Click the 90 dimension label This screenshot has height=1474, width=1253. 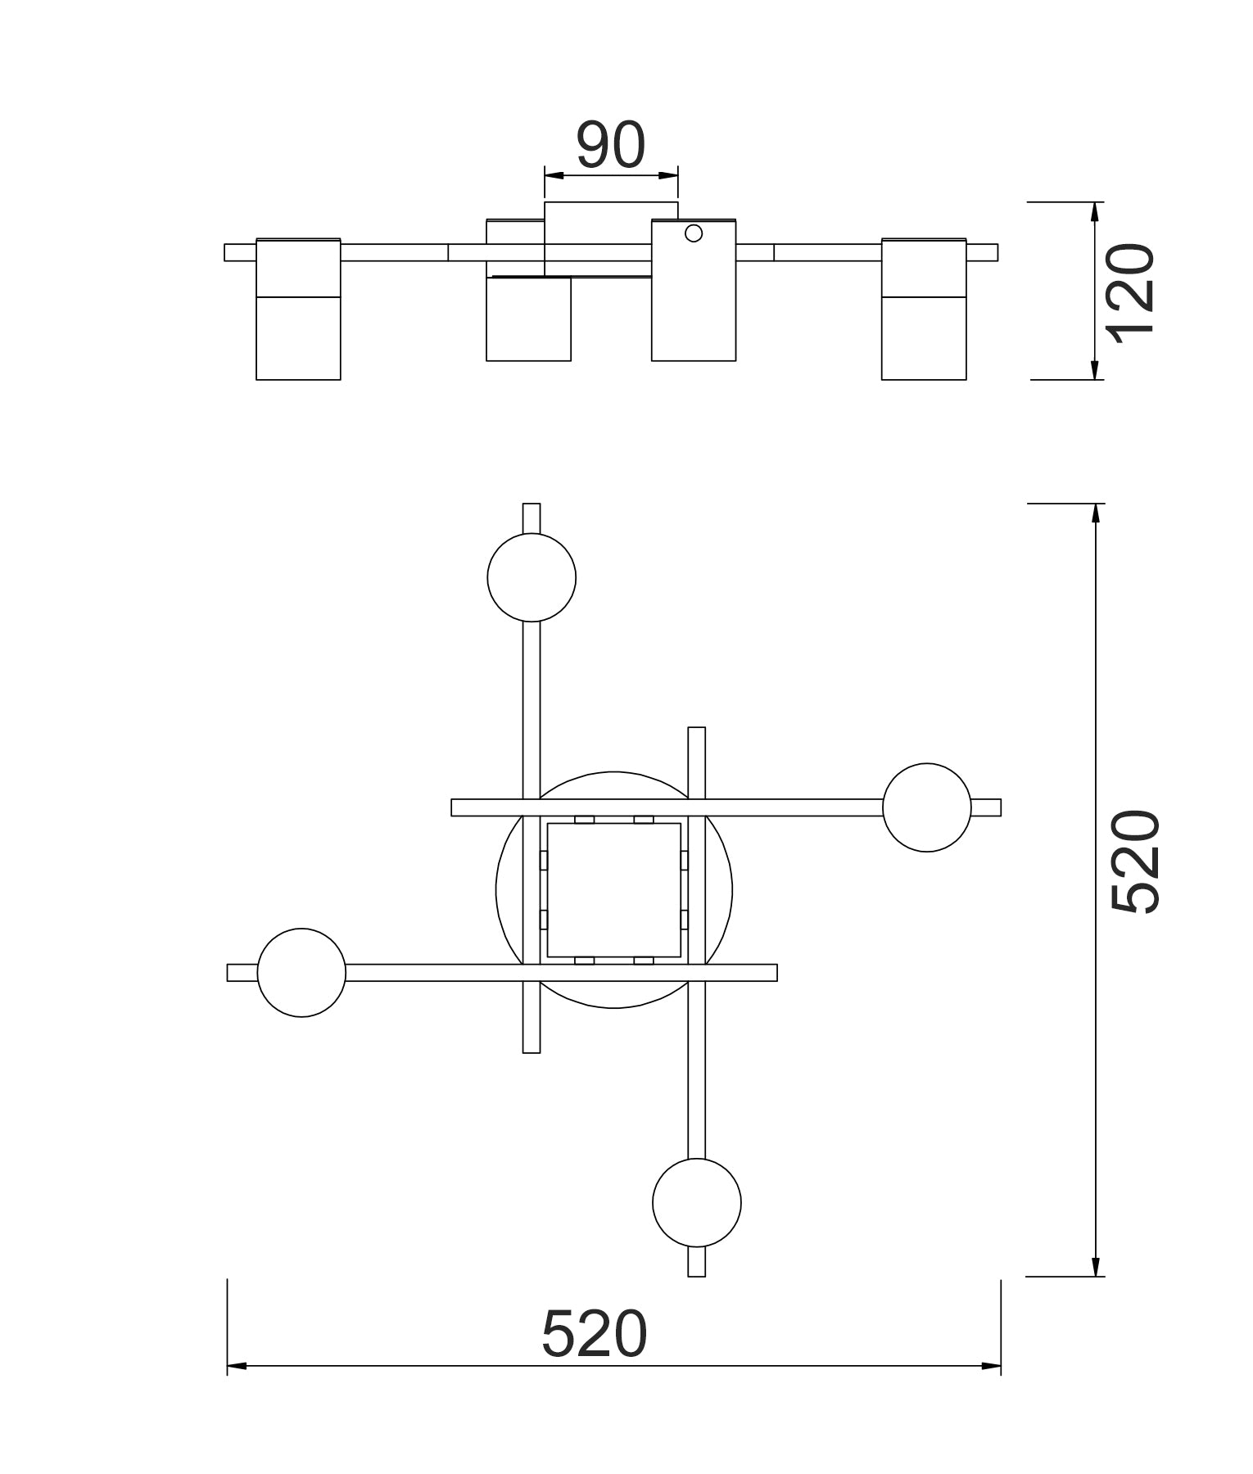(x=611, y=145)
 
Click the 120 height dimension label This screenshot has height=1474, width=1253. (x=1131, y=289)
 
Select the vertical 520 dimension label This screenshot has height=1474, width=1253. (x=1136, y=861)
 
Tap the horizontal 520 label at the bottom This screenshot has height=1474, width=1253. (x=595, y=1334)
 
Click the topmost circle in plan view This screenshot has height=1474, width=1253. (x=532, y=577)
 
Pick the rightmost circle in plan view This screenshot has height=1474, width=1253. (x=926, y=807)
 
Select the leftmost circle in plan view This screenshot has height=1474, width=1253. (x=301, y=973)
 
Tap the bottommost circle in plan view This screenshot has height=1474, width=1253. (x=697, y=1203)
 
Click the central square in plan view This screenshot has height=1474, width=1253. (x=614, y=890)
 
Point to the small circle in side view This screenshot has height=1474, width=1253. (x=694, y=233)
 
